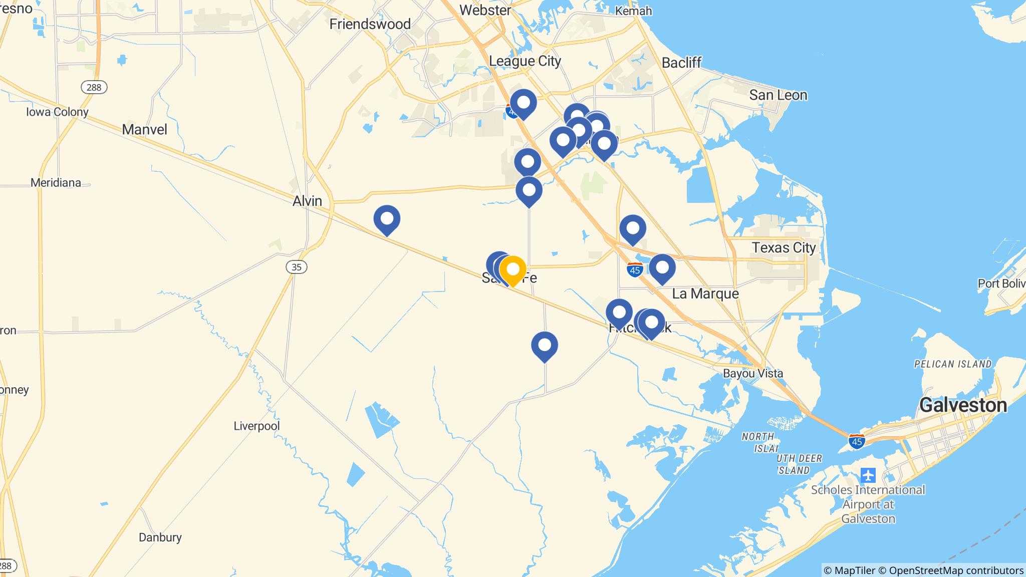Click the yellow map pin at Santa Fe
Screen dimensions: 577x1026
[512, 270]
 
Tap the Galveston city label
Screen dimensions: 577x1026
[963, 405]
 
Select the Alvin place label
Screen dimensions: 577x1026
[307, 201]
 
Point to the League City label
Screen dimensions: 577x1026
[525, 61]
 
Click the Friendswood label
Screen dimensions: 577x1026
[370, 24]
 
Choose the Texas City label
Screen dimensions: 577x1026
[784, 247]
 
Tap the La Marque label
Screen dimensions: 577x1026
[705, 294]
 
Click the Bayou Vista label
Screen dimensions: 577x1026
[752, 373]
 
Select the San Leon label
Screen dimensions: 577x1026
[778, 95]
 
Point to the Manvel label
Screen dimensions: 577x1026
[144, 130]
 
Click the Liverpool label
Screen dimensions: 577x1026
[256, 426]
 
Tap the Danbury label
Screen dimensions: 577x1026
[160, 537]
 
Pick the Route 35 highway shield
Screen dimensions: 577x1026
[296, 267]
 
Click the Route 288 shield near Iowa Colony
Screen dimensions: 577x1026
[94, 87]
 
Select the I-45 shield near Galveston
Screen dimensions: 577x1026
[857, 441]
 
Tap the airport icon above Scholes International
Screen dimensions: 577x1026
[868, 474]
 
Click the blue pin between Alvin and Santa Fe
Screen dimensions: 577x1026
[387, 219]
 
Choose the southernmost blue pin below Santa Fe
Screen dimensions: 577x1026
[545, 346]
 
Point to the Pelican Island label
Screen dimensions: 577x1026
[952, 364]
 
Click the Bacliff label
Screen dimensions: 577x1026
[681, 63]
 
